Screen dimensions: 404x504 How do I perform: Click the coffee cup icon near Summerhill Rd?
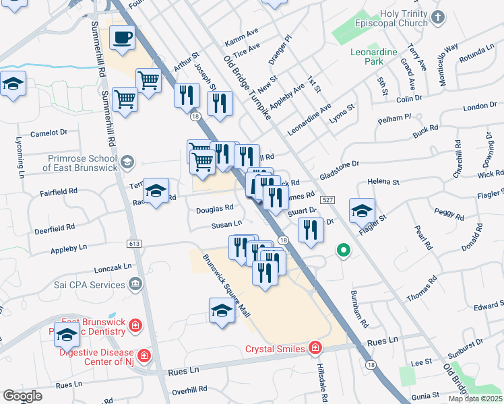pos(122,38)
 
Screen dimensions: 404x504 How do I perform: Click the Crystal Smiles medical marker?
pos(315,348)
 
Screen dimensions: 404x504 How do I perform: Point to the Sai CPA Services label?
pos(89,285)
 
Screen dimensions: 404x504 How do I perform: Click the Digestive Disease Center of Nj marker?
pos(144,355)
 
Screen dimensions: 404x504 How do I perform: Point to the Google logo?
pos(23,396)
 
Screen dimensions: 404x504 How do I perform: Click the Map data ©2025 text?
pos(474,399)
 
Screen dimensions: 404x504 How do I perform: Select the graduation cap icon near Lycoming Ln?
pos(13,84)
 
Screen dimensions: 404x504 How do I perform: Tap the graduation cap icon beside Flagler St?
pos(362,211)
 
